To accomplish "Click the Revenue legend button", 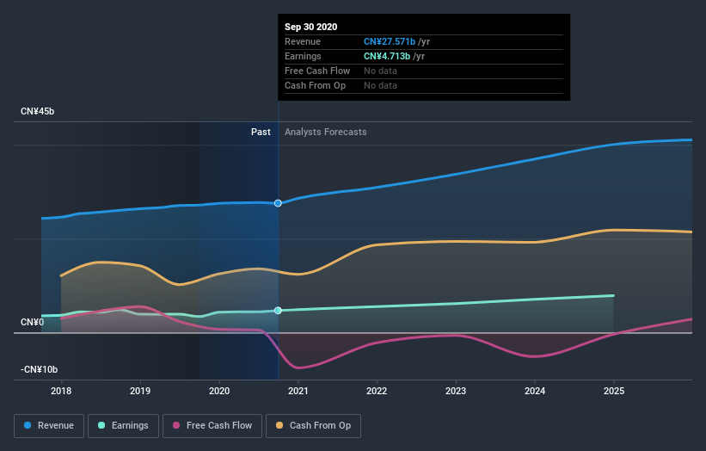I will click(x=50, y=425).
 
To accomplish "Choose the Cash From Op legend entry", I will click(x=313, y=425).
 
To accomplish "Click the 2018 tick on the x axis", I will click(x=61, y=391).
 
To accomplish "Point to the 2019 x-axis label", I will click(x=140, y=391).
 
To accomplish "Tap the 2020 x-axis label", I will click(x=219, y=391).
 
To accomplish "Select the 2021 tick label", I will click(x=298, y=391).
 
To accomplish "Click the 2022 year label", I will click(x=377, y=391).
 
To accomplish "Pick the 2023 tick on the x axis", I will click(x=456, y=391).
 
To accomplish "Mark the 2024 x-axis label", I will click(x=535, y=391).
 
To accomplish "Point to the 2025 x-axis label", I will click(x=614, y=391).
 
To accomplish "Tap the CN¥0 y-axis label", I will click(x=33, y=323).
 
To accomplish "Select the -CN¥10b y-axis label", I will click(x=40, y=370).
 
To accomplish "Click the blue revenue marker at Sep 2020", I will click(x=278, y=203).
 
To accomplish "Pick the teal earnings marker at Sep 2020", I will click(x=278, y=310).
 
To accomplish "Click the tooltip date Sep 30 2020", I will click(x=311, y=27).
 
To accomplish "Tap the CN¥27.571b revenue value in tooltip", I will click(x=390, y=41).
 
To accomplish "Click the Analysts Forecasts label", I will click(x=325, y=132).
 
